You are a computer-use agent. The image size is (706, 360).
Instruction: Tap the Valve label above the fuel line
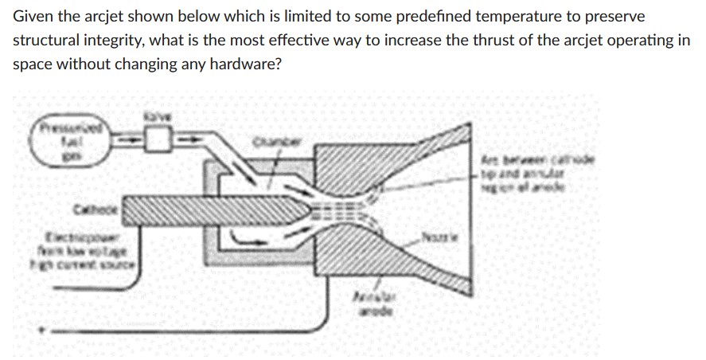coord(154,117)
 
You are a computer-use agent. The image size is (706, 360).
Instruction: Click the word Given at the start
coord(32,17)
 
